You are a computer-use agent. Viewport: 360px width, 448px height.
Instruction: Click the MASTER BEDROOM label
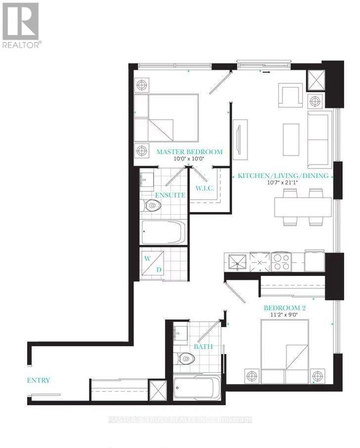(x=189, y=152)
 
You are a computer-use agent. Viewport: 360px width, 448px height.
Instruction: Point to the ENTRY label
(x=39, y=380)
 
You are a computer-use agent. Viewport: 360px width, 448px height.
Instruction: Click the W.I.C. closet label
(x=204, y=188)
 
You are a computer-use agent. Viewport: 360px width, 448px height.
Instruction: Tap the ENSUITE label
(x=170, y=195)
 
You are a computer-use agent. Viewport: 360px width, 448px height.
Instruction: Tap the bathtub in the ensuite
(x=163, y=232)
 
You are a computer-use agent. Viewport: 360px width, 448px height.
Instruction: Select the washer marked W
(x=147, y=259)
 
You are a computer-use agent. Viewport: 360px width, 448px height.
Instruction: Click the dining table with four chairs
(x=303, y=207)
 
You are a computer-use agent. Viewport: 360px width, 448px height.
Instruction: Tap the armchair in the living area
(x=290, y=95)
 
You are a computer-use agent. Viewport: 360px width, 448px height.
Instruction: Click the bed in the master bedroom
(x=167, y=119)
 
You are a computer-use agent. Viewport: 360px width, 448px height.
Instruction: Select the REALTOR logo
(x=21, y=25)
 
